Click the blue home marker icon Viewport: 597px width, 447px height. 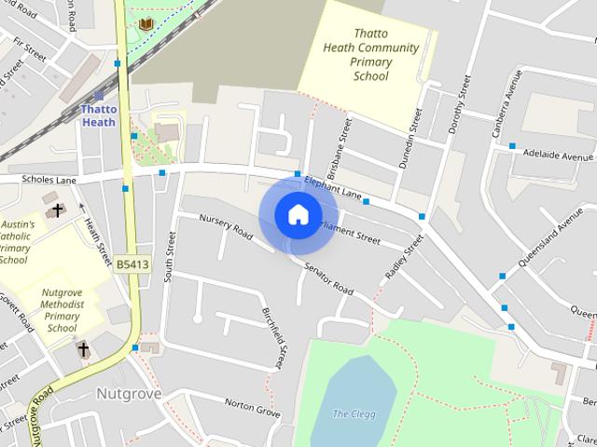pos(298,214)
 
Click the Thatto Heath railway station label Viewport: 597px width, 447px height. pos(99,115)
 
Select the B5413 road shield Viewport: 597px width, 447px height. pos(132,265)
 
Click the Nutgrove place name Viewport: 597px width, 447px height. pos(129,394)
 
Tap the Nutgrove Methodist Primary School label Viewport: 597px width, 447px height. pos(62,310)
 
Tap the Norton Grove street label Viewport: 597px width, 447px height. pos(252,407)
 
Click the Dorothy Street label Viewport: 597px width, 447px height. pos(457,102)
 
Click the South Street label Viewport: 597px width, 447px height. pos(170,257)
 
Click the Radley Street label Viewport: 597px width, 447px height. pos(406,257)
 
